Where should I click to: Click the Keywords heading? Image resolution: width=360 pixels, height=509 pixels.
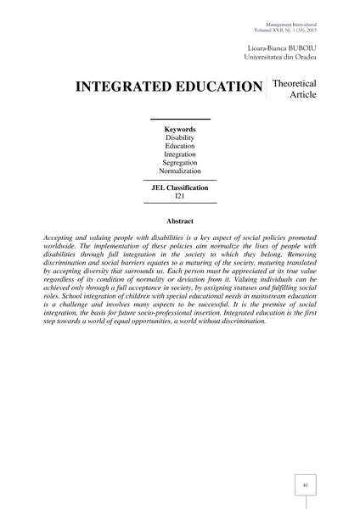(x=179, y=129)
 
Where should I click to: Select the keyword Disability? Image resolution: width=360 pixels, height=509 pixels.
(x=179, y=140)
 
